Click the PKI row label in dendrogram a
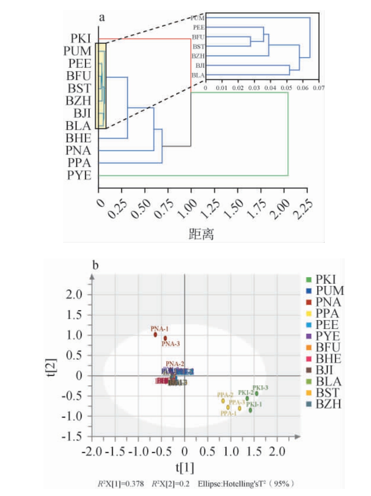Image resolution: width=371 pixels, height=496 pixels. click(x=81, y=39)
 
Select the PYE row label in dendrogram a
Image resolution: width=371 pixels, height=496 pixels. click(x=81, y=176)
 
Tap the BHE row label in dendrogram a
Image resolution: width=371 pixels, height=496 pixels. click(x=81, y=138)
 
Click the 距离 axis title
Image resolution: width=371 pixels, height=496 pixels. click(x=202, y=234)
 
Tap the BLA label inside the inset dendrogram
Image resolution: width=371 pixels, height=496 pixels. click(x=198, y=75)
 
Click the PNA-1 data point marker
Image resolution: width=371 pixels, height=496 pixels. click(x=156, y=335)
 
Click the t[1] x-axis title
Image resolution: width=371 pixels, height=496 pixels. click(x=184, y=467)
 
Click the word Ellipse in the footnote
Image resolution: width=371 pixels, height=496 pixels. click(x=210, y=483)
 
